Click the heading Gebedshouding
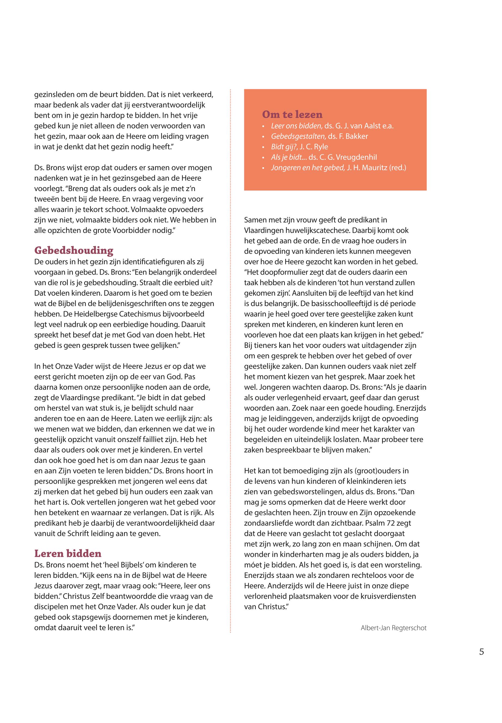74,250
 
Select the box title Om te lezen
292,114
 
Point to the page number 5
482,652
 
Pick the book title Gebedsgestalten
298,136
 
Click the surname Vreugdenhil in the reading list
356,157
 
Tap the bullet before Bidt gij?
263,147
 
